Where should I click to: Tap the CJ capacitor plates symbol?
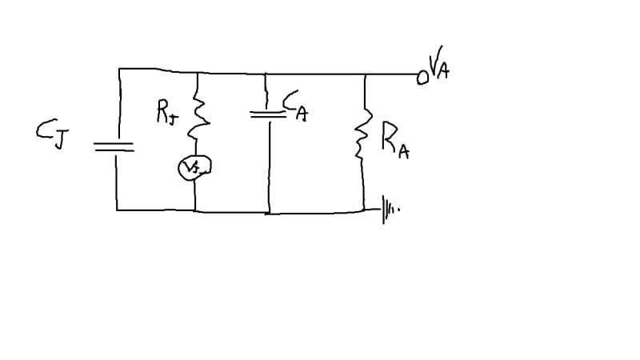tap(114, 147)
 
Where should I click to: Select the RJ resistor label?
tap(166, 114)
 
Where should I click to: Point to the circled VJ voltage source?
tap(194, 166)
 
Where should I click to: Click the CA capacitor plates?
tap(267, 114)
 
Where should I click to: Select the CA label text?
tap(295, 106)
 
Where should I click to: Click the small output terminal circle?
tap(422, 78)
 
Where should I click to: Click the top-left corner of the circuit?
tap(119, 69)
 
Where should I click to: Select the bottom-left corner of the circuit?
tap(117, 210)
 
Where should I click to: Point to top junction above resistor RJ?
tap(196, 74)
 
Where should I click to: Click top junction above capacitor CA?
tap(266, 74)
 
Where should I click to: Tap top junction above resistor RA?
tap(365, 75)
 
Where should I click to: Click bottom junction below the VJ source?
tap(195, 211)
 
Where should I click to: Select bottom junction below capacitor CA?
tap(269, 214)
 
